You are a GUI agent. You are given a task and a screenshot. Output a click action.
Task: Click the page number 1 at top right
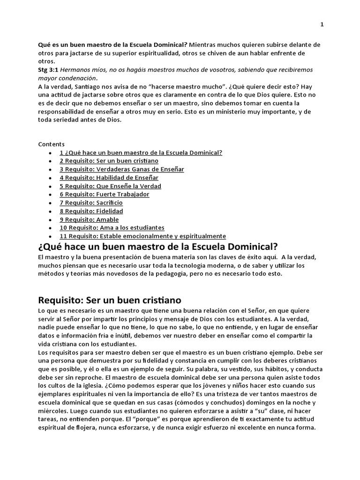322,24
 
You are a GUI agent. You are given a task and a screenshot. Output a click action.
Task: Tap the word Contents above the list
51,144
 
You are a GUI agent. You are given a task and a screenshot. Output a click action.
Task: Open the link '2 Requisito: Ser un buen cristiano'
109,161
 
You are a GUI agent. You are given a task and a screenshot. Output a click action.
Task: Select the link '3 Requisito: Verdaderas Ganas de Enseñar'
122,169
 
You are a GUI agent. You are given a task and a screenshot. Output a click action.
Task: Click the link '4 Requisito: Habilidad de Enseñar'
109,178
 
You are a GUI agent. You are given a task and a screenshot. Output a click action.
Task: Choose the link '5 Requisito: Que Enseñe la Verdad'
110,186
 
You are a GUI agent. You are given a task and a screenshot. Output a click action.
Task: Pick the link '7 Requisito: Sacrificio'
91,203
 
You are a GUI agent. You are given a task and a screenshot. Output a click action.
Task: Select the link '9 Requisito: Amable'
89,219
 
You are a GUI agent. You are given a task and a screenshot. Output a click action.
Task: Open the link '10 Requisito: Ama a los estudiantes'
112,228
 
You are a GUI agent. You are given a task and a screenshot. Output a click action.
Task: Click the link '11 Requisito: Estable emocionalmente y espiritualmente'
142,236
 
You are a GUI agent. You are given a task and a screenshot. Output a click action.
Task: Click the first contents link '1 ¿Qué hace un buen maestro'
141,152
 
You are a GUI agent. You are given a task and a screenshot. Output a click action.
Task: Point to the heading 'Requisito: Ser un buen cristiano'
109,300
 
